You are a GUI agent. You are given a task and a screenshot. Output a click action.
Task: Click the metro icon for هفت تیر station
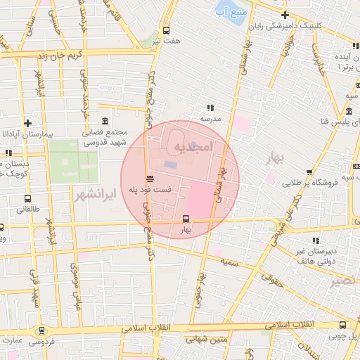pos(166,30)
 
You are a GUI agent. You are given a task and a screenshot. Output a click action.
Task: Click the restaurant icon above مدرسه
pos(210,108)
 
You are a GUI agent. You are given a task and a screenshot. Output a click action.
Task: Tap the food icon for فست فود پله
pos(148,178)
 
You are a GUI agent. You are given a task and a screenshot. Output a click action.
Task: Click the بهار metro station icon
pos(186,219)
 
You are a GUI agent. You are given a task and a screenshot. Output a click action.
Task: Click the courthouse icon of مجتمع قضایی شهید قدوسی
pos(105,120)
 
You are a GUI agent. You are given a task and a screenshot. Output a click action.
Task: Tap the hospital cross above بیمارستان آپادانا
pos(27,122)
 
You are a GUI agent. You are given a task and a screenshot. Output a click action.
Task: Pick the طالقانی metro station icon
pos(27,198)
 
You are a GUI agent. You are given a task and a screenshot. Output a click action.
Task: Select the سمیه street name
pos(226,261)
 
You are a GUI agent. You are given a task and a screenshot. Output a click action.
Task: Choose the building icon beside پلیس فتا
pos(349,112)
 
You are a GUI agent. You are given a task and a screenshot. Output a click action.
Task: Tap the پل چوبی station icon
pos(342,325)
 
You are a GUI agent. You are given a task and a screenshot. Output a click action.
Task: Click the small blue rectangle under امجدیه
pos(172,165)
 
